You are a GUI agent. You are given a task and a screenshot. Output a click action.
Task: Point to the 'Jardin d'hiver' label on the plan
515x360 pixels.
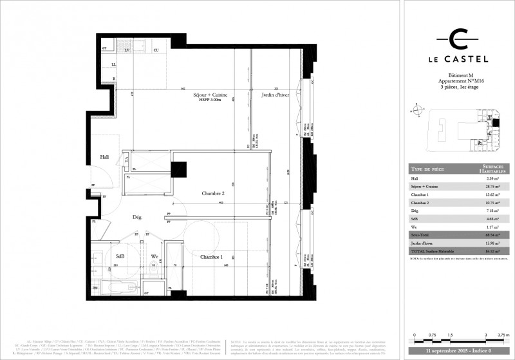click(274, 95)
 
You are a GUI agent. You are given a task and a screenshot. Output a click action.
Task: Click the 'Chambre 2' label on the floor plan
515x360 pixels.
click(212, 193)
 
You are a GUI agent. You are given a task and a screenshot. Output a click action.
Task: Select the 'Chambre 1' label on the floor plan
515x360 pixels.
click(212, 257)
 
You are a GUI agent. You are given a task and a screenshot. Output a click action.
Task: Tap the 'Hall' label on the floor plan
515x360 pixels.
click(104, 156)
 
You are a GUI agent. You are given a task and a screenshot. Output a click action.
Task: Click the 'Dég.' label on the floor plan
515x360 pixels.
click(137, 218)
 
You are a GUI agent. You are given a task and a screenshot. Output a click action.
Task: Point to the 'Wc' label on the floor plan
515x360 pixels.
click(154, 256)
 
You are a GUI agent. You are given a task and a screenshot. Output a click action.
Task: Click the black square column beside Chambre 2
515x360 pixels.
click(178, 169)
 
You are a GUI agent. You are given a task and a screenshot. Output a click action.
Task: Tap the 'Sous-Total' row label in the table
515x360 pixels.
click(422, 234)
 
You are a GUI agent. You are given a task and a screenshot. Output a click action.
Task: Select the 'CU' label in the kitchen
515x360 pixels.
click(156, 50)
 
